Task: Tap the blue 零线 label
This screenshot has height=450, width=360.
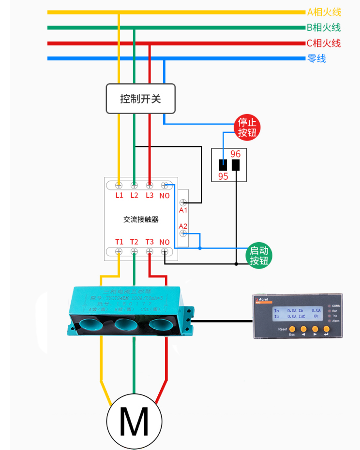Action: pyautogui.click(x=316, y=58)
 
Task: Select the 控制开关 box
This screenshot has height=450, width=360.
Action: pyautogui.click(x=140, y=99)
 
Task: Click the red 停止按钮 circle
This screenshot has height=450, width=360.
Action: pyautogui.click(x=247, y=127)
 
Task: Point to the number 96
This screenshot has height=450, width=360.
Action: pyautogui.click(x=235, y=154)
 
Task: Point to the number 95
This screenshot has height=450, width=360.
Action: pyautogui.click(x=223, y=176)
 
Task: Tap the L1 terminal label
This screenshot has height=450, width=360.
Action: pyautogui.click(x=120, y=195)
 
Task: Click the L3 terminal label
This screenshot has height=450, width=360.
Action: pyautogui.click(x=150, y=195)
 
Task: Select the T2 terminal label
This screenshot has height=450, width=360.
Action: pyautogui.click(x=134, y=242)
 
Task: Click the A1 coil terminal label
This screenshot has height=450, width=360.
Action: pyautogui.click(x=183, y=210)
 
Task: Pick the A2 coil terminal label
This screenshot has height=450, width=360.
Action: pyautogui.click(x=183, y=226)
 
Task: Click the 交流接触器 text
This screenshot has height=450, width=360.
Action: pyautogui.click(x=141, y=219)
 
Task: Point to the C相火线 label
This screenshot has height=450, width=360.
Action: pyautogui.click(x=323, y=43)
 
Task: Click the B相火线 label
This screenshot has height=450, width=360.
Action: pyautogui.click(x=323, y=28)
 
